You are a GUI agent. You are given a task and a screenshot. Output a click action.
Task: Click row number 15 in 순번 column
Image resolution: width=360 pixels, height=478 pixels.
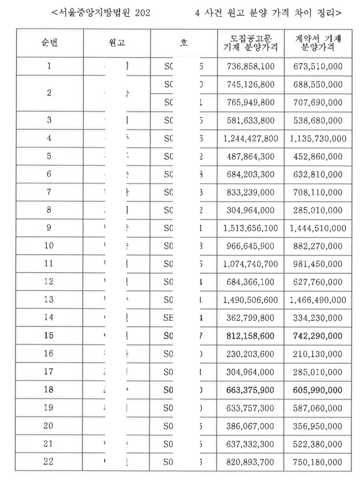(x=49, y=336)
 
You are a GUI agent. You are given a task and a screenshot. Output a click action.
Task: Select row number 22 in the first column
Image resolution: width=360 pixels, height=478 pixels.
(x=49, y=461)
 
